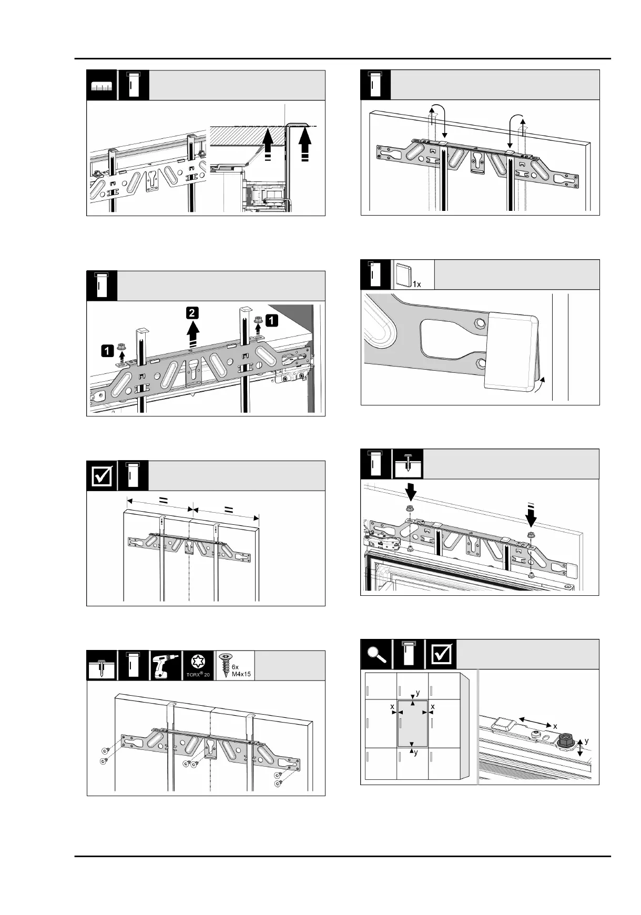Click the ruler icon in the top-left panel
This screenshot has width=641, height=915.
coord(102,85)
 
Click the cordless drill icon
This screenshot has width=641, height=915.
coord(166,666)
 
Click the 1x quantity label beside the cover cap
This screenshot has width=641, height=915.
coord(416,284)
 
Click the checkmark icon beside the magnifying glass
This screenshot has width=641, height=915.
coord(441,655)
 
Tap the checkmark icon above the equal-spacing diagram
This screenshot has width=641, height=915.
coord(102,476)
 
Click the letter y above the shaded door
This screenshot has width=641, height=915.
coord(418,694)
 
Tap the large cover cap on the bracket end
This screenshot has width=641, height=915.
coord(512,351)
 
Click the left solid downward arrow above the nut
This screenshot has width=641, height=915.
coord(411,493)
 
